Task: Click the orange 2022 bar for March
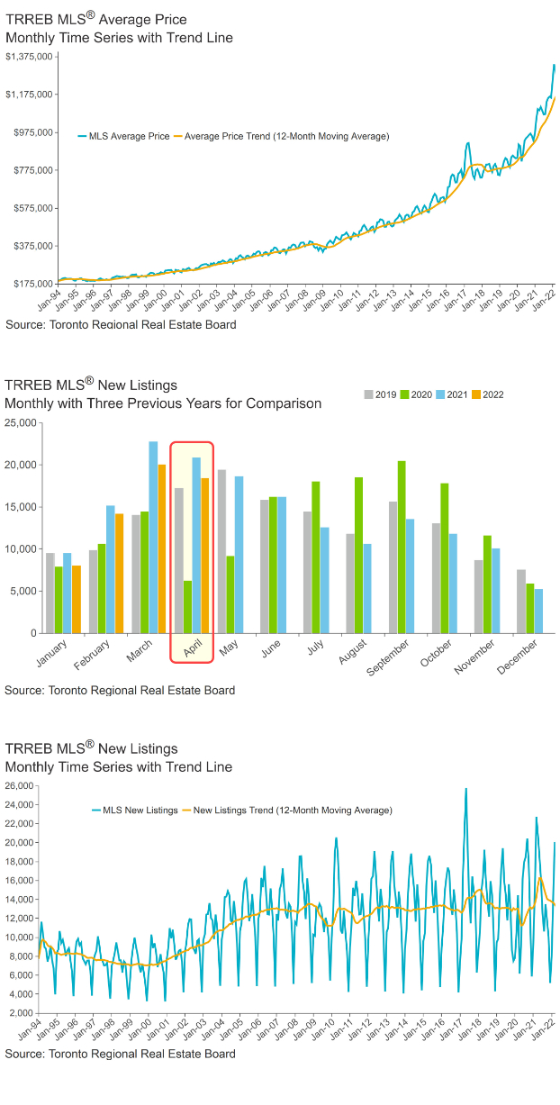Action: click(162, 548)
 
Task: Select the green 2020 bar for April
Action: click(187, 607)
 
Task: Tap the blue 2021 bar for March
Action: click(153, 537)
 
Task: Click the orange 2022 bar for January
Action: click(77, 599)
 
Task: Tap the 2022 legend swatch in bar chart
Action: click(477, 394)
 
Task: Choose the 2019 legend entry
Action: click(380, 394)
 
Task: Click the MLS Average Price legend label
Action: click(129, 137)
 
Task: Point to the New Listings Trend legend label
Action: click(293, 811)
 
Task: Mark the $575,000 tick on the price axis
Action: click(32, 208)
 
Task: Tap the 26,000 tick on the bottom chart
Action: click(20, 786)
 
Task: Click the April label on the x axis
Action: click(191, 651)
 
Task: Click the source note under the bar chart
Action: click(120, 690)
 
